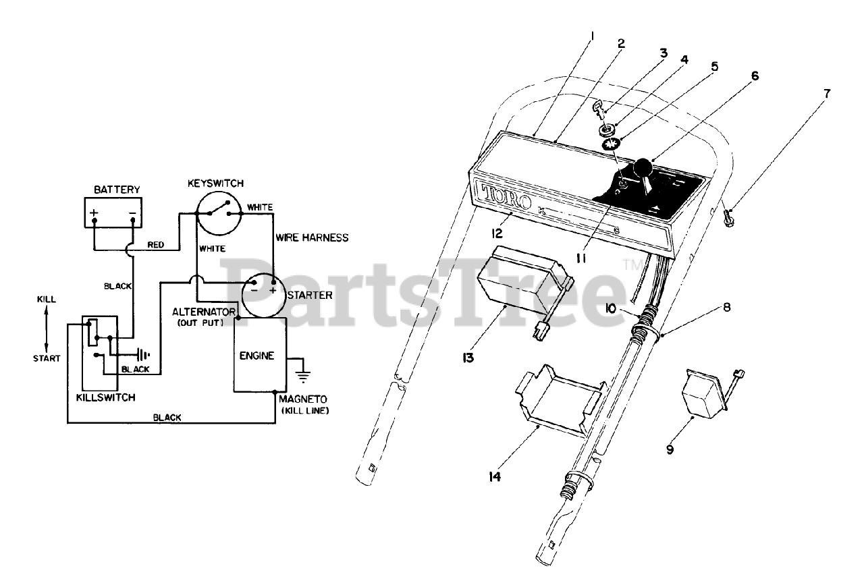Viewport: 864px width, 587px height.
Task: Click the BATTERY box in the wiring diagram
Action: [113, 215]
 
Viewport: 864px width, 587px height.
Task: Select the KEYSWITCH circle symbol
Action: [218, 213]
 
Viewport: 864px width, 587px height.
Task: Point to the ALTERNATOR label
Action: [203, 312]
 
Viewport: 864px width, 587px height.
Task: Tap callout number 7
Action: [826, 92]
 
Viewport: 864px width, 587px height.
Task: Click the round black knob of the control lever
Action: [643, 168]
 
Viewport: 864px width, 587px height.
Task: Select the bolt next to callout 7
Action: [728, 219]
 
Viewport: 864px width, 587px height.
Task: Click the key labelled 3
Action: [597, 107]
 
